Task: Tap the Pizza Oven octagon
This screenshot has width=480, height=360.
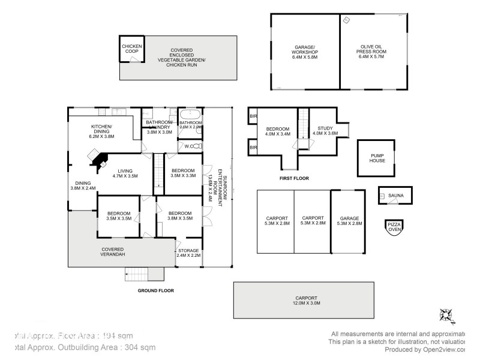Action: click(394, 227)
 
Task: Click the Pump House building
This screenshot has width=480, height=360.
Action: click(377, 158)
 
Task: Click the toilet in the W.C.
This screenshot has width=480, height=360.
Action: click(199, 146)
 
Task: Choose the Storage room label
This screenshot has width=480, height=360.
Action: click(188, 252)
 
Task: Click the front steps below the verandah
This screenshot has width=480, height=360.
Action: click(145, 274)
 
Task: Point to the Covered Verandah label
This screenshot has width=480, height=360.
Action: click(112, 252)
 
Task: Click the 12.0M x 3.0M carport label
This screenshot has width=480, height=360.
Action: click(306, 301)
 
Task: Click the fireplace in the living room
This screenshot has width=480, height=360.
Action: click(98, 157)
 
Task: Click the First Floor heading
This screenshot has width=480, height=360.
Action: click(295, 179)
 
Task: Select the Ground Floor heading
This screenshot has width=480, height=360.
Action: click(155, 290)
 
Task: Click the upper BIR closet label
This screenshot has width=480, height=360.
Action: click(253, 116)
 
